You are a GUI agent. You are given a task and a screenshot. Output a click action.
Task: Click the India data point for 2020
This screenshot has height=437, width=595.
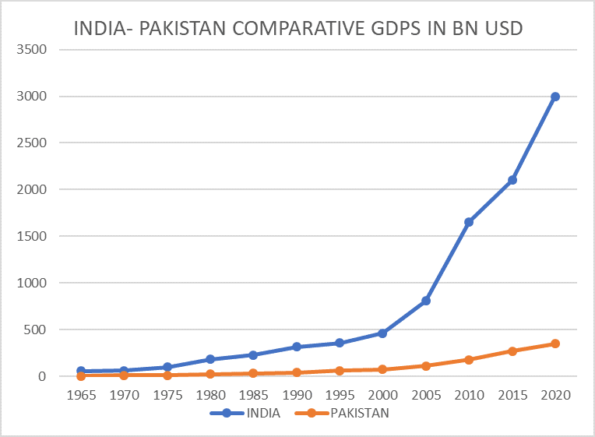pos(555,97)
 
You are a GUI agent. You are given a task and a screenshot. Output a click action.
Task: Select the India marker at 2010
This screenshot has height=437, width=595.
pos(469,222)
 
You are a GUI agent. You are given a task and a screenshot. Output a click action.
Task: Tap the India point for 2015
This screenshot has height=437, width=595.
pos(512,180)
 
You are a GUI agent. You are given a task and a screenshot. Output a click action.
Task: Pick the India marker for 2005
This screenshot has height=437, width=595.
pos(426,301)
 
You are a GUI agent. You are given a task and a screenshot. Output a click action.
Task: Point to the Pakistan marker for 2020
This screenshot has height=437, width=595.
pos(555,344)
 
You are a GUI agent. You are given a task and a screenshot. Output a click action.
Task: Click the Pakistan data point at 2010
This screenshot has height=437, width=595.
pos(469,360)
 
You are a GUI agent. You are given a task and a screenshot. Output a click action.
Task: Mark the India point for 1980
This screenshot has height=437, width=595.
pos(210,359)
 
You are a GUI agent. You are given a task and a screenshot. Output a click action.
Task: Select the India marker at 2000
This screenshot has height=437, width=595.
pos(382,333)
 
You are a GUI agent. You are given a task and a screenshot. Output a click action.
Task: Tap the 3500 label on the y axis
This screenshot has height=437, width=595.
pos(32,50)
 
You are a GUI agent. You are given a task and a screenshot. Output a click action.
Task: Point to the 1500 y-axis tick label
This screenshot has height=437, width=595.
pos(32,236)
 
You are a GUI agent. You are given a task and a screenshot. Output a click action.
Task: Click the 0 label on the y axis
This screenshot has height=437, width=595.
pos(42,376)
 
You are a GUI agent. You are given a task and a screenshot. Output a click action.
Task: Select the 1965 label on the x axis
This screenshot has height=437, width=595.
pos(82,395)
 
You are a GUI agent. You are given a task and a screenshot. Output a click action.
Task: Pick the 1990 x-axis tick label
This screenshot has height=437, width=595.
pos(297,395)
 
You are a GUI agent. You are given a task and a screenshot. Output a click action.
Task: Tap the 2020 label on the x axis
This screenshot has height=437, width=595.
pos(555,395)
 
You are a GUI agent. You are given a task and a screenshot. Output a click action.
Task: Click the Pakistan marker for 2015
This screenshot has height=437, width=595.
pos(512,351)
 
